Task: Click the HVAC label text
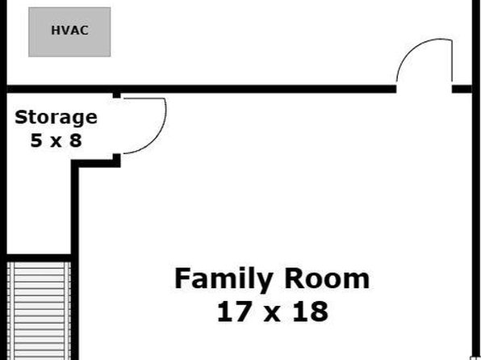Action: pos(70,30)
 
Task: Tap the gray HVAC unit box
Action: pos(69,32)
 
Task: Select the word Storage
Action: pos(56,118)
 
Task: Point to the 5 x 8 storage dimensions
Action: pos(56,140)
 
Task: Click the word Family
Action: pos(224,279)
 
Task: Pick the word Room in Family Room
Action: pos(327,278)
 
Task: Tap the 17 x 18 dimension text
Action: pos(273,312)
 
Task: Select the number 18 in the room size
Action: pos(311,312)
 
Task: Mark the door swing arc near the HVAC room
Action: pos(408,52)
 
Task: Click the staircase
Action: pos(39,311)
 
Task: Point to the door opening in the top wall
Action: pos(424,89)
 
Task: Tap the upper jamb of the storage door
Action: pos(116,95)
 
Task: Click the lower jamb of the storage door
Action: pos(116,159)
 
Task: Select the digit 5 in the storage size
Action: pos(36,140)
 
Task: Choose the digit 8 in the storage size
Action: pos(76,140)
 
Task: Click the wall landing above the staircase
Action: pos(39,257)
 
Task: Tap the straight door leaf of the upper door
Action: pos(452,61)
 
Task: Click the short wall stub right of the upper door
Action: pos(462,89)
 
